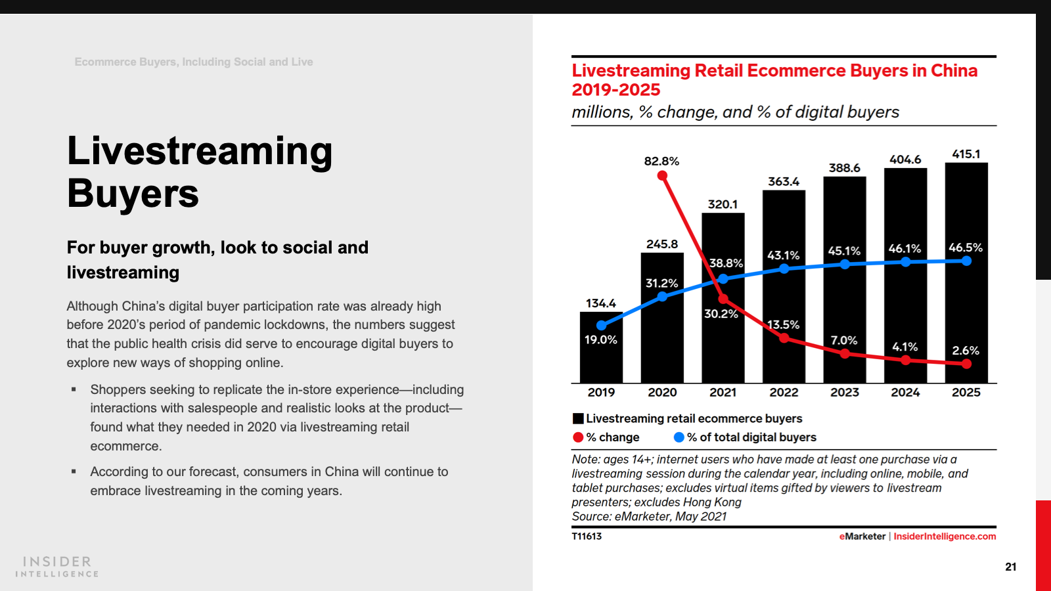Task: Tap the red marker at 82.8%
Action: (662, 176)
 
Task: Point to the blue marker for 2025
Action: (966, 261)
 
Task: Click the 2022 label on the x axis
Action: (784, 392)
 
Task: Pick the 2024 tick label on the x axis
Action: (905, 392)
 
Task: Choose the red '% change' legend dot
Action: (578, 437)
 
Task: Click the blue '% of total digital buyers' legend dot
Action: (679, 437)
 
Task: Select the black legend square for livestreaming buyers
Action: (578, 419)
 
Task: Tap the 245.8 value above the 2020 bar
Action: (662, 244)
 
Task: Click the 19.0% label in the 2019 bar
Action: (601, 339)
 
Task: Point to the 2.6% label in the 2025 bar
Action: (966, 351)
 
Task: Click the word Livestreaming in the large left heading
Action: (200, 151)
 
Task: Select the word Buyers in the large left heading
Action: (133, 194)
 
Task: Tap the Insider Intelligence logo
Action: (57, 566)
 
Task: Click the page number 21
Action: (1011, 567)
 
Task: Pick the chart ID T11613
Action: (587, 536)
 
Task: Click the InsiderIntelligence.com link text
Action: (945, 536)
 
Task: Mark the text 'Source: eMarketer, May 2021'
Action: (649, 517)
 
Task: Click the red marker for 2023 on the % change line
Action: (845, 354)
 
